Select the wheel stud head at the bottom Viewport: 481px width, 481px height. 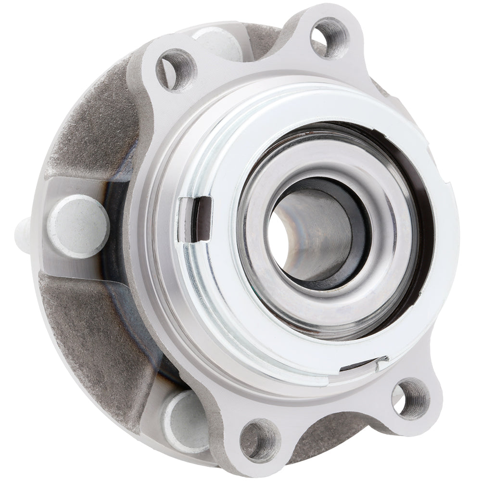pos(185,421)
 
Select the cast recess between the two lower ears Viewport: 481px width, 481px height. pos(327,433)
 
